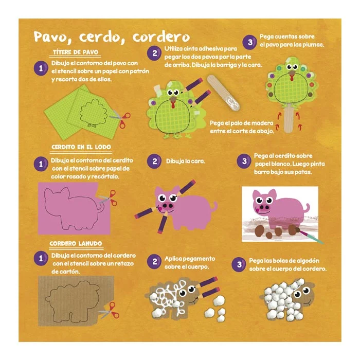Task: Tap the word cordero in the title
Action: click(x=160, y=37)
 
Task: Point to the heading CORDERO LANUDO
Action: click(x=76, y=243)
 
